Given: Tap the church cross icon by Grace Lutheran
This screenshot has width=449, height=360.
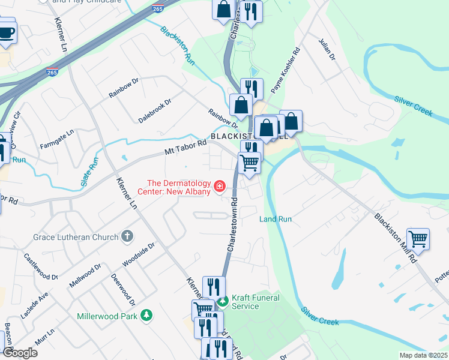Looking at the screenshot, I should point(127,237).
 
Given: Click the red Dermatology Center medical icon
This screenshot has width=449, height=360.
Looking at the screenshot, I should point(220,187).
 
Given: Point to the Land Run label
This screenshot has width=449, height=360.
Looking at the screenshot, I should point(276,219).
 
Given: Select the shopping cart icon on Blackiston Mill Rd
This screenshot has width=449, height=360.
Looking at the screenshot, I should point(418,239).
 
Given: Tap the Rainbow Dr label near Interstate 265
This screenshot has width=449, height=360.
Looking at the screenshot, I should point(124,87).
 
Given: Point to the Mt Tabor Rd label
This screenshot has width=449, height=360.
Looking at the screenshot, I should point(185,146).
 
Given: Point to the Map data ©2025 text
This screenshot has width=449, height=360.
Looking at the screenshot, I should point(424,355).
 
